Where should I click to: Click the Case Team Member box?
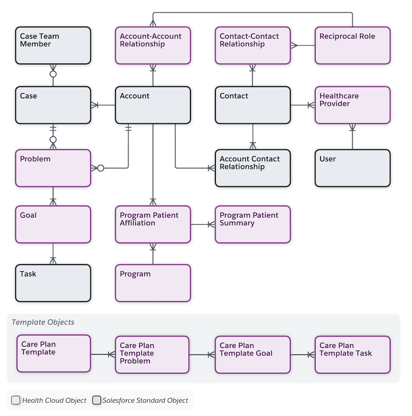[x=53, y=45]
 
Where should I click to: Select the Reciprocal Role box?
[x=352, y=45]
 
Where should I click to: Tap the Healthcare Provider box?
[x=352, y=105]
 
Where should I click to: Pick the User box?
[x=352, y=168]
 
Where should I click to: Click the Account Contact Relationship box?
[x=252, y=168]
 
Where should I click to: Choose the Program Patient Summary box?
[x=252, y=224]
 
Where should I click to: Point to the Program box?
[x=152, y=283]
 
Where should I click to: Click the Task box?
[x=53, y=283]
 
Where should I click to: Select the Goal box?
[x=53, y=224]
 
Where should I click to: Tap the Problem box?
[x=53, y=168]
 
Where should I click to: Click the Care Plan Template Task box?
[x=352, y=354]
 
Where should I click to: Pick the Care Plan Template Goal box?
[x=252, y=354]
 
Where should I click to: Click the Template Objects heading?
[x=43, y=322]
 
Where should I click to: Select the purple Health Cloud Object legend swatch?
[x=16, y=400]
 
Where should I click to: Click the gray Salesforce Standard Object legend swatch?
[x=96, y=400]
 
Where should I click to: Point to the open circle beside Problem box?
[x=100, y=168]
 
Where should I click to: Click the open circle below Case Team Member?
[x=53, y=74]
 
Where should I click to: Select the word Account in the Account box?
[x=134, y=96]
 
